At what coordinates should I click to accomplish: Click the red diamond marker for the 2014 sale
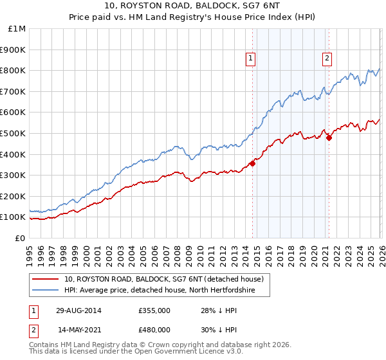252,163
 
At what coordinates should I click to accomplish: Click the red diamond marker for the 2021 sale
329,137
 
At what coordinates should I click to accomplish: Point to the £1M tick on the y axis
17,28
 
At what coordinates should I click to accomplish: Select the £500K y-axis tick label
14,133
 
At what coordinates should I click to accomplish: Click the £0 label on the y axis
20,238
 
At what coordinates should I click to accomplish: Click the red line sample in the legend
46,279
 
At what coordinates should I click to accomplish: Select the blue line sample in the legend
46,289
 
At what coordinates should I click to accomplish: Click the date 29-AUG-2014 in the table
78,310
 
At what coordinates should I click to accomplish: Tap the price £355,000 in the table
154,310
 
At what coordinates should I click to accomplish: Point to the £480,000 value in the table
154,329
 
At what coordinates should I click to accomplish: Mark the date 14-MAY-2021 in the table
79,329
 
